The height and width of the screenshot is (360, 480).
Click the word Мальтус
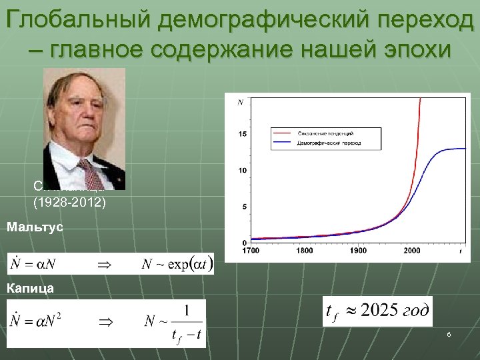pos(35,227)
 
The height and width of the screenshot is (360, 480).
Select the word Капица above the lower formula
pos(30,289)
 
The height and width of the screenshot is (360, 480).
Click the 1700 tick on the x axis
pos(251,251)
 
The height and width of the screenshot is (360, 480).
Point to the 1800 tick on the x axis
pos(305,251)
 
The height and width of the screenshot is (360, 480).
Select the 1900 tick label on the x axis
pos(358,251)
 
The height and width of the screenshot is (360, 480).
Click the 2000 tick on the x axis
pos(411,251)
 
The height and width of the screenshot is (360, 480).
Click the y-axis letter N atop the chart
pos(239,102)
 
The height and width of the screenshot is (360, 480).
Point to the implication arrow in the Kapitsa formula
pos(106,321)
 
